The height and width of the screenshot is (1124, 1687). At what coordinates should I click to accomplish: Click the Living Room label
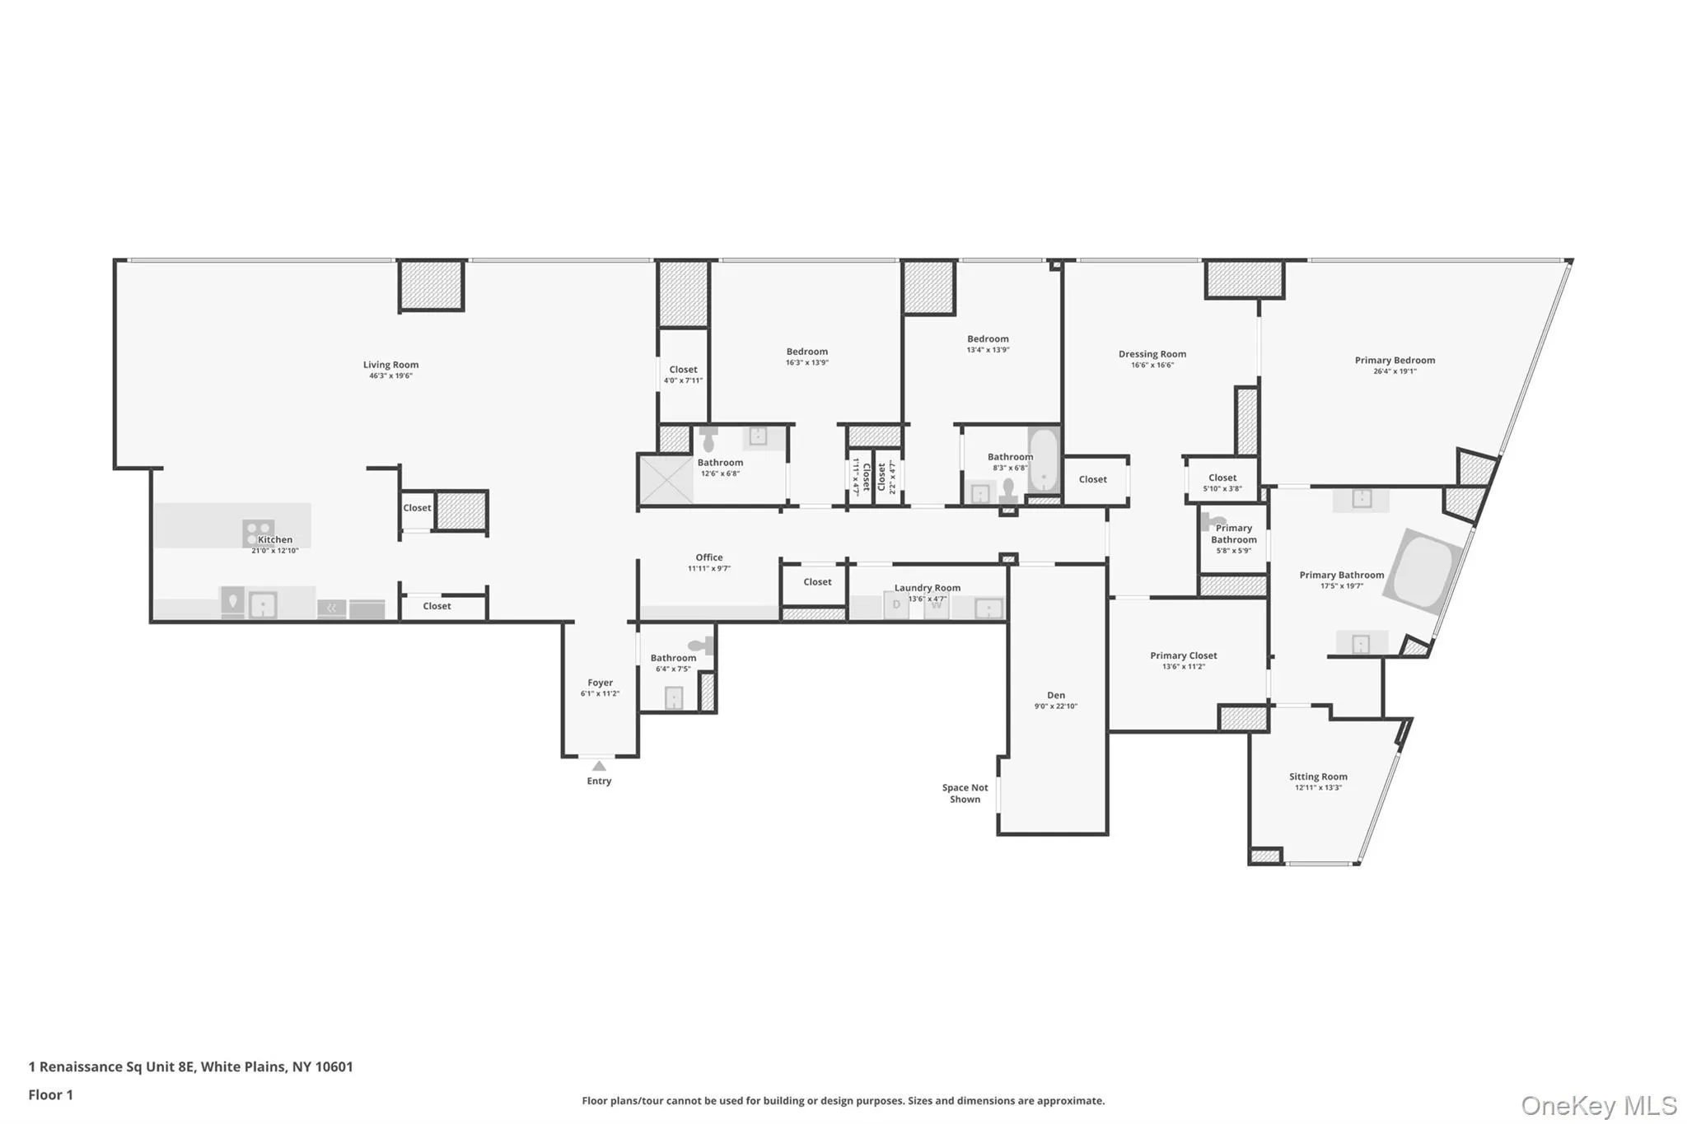(390, 365)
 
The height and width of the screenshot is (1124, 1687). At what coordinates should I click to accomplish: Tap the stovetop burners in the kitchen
(258, 532)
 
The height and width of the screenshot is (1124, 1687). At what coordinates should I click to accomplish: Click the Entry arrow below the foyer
(599, 767)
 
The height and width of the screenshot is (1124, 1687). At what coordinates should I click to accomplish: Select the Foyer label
(600, 683)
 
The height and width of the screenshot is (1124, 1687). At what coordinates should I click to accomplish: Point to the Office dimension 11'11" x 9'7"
(708, 569)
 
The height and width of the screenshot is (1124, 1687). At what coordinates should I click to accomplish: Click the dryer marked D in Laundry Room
(896, 605)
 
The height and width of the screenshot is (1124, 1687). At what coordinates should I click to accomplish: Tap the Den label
(1055, 695)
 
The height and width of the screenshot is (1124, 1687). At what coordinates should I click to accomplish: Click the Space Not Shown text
(965, 793)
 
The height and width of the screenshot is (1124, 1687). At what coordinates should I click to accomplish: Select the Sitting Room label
(1318, 777)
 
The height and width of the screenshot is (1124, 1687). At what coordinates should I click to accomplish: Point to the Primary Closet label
(1183, 655)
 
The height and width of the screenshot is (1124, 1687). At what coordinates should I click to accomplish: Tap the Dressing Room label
(1152, 354)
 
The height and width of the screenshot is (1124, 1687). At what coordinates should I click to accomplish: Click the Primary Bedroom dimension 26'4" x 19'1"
(1395, 371)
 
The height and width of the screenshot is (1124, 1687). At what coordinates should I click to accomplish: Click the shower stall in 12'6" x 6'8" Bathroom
(666, 478)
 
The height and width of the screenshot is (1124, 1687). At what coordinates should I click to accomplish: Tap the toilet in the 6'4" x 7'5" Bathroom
(701, 646)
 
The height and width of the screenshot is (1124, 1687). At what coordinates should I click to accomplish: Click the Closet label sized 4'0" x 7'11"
(683, 370)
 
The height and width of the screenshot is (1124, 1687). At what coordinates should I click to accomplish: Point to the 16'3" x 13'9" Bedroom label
(806, 352)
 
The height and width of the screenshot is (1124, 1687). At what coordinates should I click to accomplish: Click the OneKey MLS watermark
(1598, 1105)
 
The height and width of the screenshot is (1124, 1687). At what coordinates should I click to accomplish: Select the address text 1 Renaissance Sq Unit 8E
(113, 1066)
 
